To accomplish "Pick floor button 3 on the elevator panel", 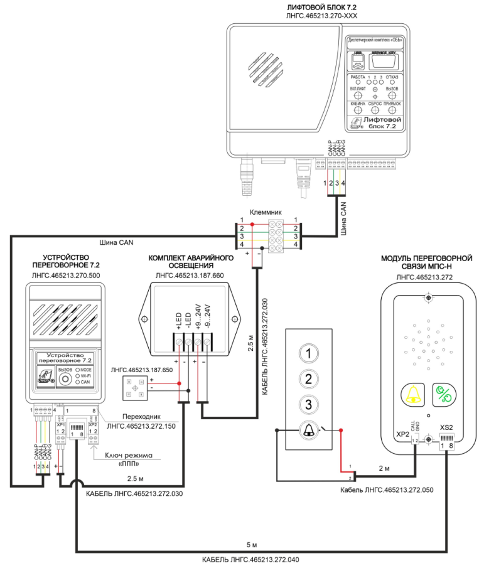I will point(308,404).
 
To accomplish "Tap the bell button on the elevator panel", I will point(308,431).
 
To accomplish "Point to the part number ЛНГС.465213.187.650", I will point(144,372).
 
